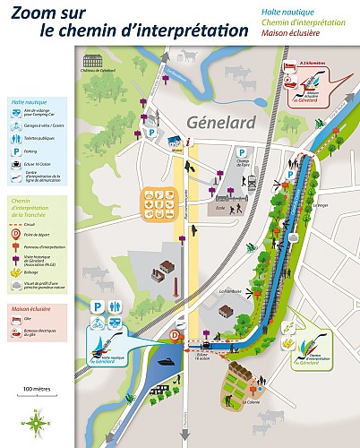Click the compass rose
click(x=35, y=419)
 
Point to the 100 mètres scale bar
click(x=35, y=393)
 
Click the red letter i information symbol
click(x=188, y=142)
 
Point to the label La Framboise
click(x=231, y=290)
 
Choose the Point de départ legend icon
click(x=17, y=233)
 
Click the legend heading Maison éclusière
click(x=31, y=310)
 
